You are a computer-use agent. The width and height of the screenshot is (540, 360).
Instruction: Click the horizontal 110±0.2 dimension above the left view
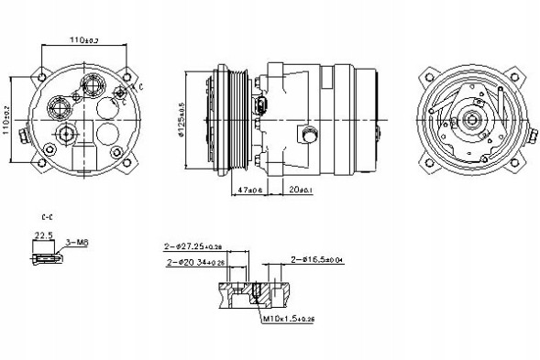click(83, 40)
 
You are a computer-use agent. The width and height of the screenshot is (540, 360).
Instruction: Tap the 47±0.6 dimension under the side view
click(248, 190)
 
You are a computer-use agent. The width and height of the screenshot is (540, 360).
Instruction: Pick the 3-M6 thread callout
click(77, 242)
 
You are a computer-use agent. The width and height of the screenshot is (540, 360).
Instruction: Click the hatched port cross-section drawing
click(258, 295)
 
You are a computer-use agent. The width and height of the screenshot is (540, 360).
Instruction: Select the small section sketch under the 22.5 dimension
click(47, 260)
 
